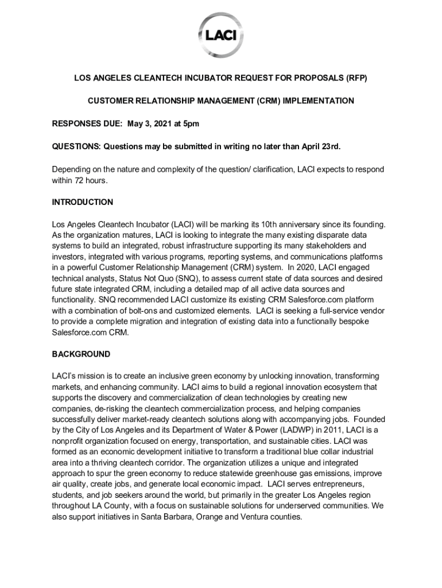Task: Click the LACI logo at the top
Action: (x=221, y=36)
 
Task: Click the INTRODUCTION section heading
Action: (x=83, y=202)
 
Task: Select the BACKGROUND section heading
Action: (x=81, y=354)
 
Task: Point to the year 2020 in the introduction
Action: (x=313, y=267)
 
